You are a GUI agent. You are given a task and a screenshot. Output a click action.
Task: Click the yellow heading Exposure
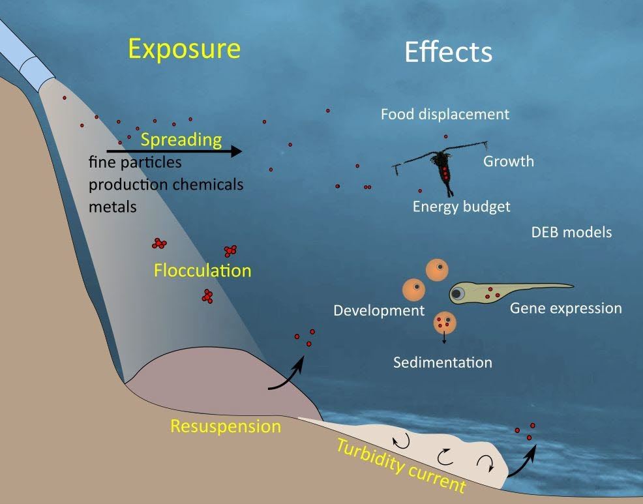click(184, 49)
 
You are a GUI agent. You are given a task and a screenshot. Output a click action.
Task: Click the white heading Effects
click(448, 52)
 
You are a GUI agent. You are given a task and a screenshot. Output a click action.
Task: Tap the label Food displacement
click(445, 115)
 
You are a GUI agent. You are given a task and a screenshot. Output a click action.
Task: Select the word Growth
click(509, 161)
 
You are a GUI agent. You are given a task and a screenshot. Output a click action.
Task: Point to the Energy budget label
click(461, 207)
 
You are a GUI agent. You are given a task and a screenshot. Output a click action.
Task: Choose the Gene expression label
click(565, 308)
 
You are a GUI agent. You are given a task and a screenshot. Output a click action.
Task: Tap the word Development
click(379, 310)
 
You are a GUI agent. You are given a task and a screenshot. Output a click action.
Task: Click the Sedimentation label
click(442, 362)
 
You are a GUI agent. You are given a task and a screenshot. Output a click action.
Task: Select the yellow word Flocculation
click(202, 270)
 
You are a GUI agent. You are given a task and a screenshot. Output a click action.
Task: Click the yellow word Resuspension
click(225, 427)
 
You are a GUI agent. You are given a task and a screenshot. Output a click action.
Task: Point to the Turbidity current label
click(400, 466)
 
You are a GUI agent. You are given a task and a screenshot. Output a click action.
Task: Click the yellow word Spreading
click(181, 140)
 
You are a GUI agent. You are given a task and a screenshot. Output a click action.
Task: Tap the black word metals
click(112, 207)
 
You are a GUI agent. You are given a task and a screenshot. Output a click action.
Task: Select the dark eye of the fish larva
click(459, 293)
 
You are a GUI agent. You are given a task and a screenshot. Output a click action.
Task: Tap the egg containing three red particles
click(445, 322)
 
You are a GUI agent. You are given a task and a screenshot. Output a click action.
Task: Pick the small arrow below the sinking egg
click(444, 338)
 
